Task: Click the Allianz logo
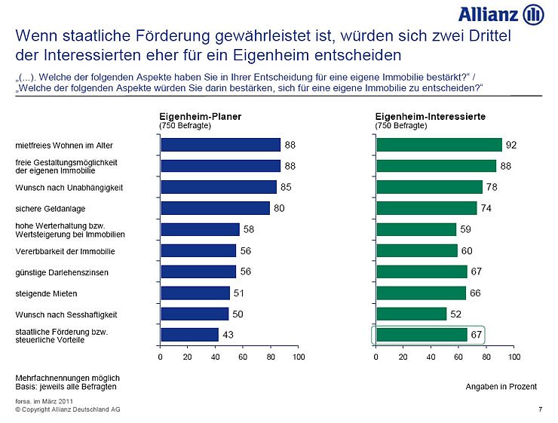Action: click(x=501, y=14)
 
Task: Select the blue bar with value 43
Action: click(x=189, y=334)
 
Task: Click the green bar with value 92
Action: click(x=439, y=144)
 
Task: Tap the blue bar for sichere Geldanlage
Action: click(x=215, y=207)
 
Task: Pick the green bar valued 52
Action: click(x=411, y=313)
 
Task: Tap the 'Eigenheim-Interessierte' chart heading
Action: click(x=430, y=116)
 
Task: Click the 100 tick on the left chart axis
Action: click(x=299, y=357)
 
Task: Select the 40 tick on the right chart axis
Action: click(x=431, y=357)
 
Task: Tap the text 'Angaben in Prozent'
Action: click(x=501, y=386)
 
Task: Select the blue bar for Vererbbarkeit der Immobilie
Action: click(x=198, y=250)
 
